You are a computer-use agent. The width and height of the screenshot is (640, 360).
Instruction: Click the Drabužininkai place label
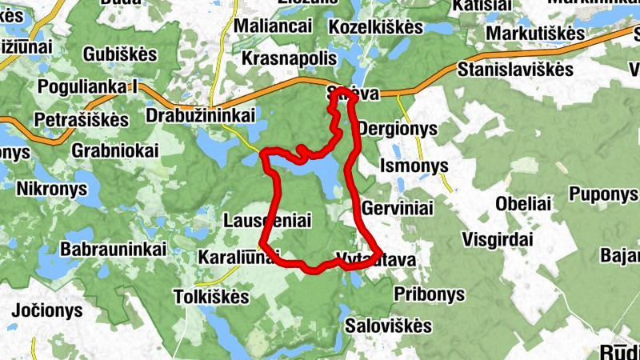coord(201,116)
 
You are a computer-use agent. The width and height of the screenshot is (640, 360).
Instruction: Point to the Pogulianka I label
coord(88,86)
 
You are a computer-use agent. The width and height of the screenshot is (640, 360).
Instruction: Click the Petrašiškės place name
coord(82,120)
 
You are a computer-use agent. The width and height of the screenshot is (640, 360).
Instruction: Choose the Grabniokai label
coord(115,150)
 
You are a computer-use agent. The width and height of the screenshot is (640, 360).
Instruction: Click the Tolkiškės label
coord(211,297)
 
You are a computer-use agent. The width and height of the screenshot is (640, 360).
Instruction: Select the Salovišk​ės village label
coord(388,326)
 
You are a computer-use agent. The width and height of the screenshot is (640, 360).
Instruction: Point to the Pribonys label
coord(429,294)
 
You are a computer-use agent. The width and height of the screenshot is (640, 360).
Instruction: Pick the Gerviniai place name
coord(398,208)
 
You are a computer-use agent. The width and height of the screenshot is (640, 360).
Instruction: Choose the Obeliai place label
coord(523,202)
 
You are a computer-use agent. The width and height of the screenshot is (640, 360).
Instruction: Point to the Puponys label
coord(603,194)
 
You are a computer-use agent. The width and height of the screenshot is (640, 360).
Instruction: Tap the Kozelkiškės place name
coord(375,27)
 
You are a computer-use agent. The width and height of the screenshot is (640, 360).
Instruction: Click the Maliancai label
coord(273,26)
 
